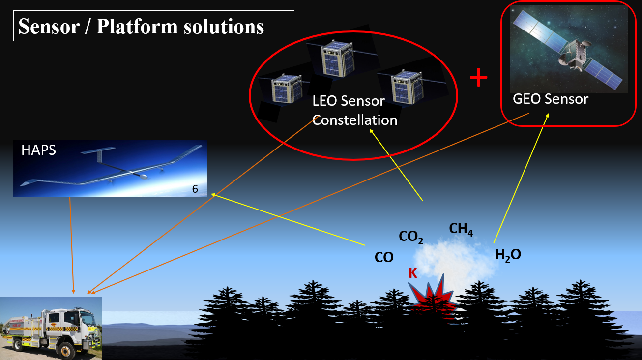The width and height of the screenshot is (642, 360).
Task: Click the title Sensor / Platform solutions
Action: click(x=141, y=26)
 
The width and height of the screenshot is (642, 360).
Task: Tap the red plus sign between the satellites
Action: click(x=478, y=78)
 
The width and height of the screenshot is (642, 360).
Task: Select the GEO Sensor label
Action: click(x=550, y=99)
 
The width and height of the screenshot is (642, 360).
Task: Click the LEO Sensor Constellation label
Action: click(x=354, y=110)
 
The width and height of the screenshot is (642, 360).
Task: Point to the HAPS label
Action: click(x=38, y=150)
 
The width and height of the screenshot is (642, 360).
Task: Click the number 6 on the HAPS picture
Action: click(x=195, y=189)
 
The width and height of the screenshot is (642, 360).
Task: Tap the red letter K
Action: click(x=413, y=273)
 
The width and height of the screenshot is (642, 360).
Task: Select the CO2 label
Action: click(x=410, y=238)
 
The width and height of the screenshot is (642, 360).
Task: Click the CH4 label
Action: click(x=461, y=229)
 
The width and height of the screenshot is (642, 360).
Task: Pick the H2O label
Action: click(x=508, y=255)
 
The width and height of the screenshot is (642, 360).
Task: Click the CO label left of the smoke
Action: click(x=384, y=257)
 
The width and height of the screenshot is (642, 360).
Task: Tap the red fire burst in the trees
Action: click(x=433, y=298)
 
